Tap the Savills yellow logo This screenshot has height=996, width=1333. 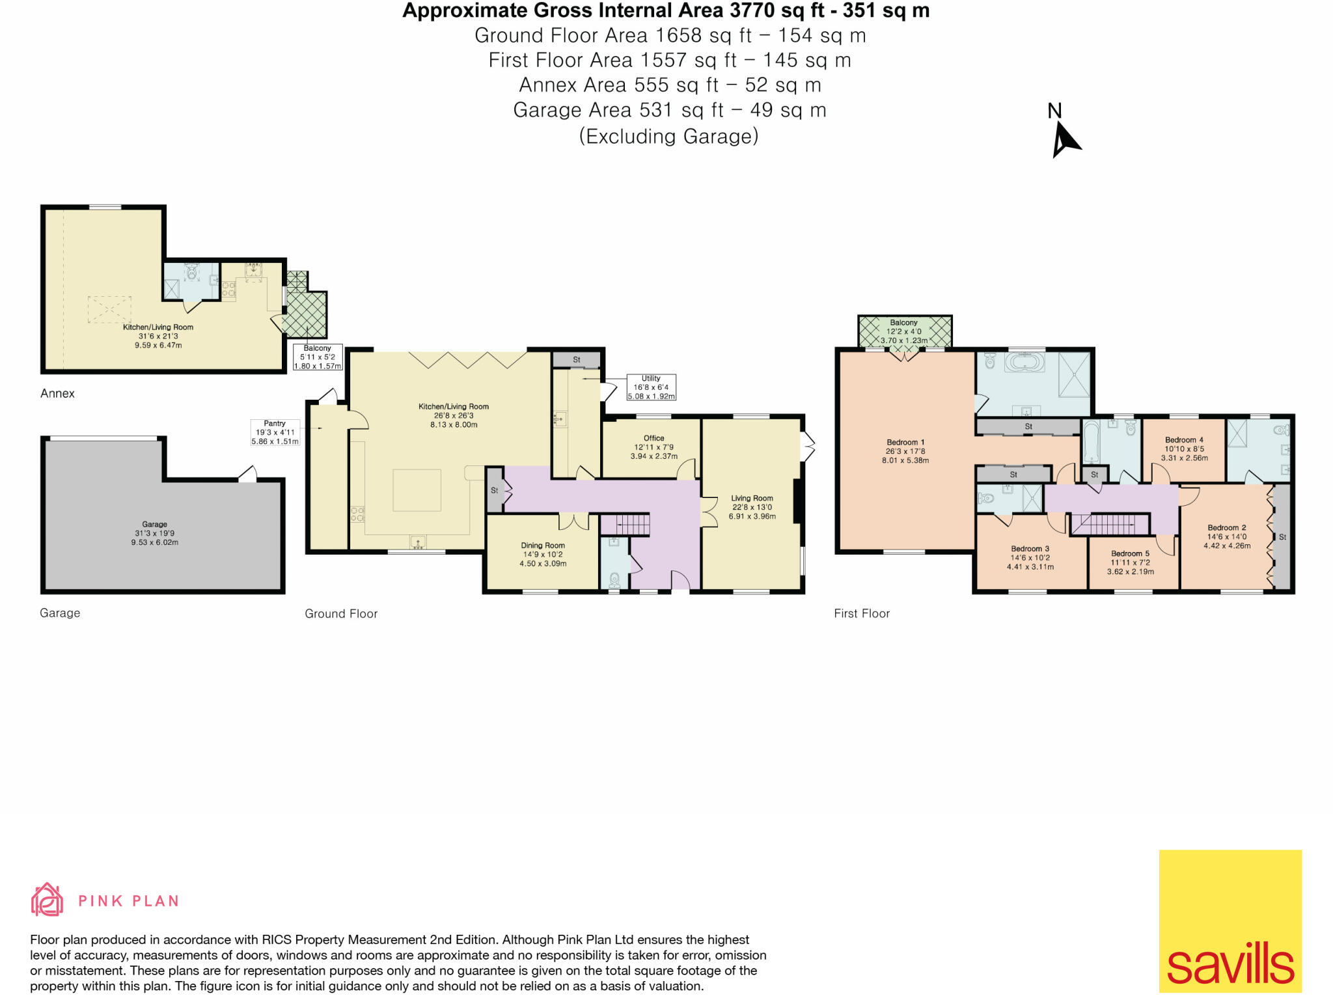tap(1230, 920)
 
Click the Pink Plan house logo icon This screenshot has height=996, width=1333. tap(47, 900)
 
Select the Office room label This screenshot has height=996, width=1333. tap(653, 438)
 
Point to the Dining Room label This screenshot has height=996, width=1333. tap(542, 546)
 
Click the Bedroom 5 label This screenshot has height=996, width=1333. tap(1130, 553)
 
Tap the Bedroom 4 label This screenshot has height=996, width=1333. tap(1184, 440)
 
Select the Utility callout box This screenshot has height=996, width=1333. tap(651, 387)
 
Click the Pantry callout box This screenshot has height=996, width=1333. tap(275, 432)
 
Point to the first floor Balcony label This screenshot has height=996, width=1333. tap(903, 323)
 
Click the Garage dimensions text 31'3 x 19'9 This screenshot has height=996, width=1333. tap(155, 533)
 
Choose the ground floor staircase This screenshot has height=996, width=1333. tap(624, 524)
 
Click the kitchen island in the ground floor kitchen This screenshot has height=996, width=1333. tap(417, 490)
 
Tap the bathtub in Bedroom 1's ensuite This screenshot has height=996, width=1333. tap(1024, 363)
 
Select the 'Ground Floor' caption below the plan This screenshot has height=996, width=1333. tap(341, 613)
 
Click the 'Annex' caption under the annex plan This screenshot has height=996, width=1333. tap(57, 393)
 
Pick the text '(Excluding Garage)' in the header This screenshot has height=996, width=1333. tap(668, 136)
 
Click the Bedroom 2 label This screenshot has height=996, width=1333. tap(1226, 528)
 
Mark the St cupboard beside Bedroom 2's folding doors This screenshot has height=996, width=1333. tap(1282, 537)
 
